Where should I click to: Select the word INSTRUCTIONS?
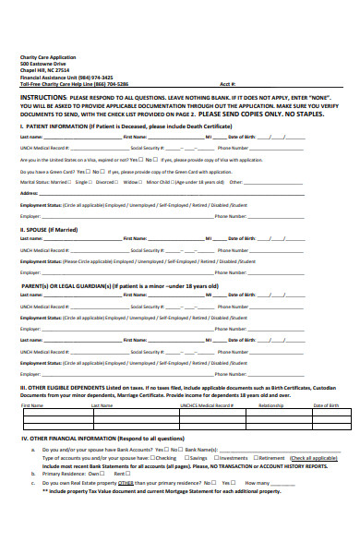(43, 97)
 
